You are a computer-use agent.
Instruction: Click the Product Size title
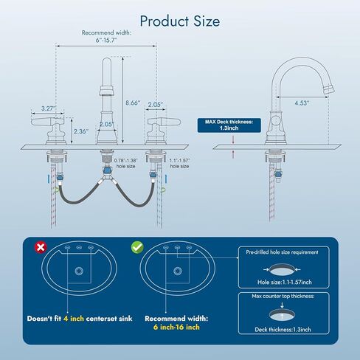180,21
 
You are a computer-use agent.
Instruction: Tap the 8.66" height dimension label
133,103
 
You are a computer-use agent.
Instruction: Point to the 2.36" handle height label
81,131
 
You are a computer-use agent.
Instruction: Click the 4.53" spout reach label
302,103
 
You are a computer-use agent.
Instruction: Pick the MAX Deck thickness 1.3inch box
229,125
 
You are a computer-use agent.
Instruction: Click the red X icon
41,247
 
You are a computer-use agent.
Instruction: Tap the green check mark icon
137,247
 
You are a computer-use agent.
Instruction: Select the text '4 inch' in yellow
74,319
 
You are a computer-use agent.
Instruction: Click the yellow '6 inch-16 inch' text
176,327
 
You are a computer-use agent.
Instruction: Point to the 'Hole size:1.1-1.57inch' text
285,282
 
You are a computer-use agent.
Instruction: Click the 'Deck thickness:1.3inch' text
283,329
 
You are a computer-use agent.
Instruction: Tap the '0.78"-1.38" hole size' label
125,163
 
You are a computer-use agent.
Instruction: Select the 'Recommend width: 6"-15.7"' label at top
106,36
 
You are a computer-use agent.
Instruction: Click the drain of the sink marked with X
79,271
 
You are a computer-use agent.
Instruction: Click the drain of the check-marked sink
178,271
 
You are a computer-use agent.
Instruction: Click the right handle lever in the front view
164,121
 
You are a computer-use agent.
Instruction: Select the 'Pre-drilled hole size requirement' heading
282,252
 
